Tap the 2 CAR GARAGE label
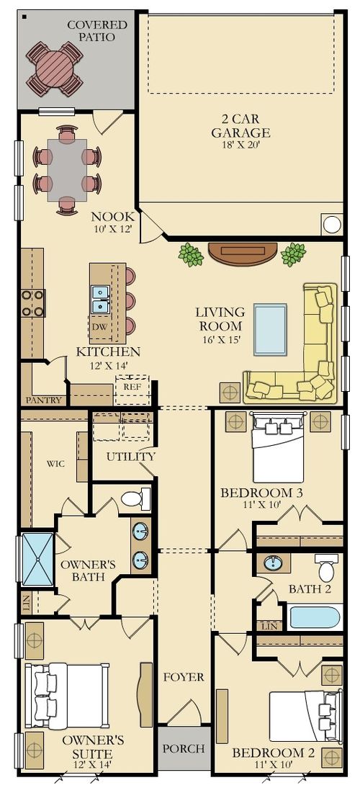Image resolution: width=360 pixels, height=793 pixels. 240,126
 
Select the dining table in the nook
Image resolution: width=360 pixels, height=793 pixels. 67,169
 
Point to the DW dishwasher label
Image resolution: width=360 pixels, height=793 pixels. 99,327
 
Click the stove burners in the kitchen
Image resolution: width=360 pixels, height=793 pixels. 33,303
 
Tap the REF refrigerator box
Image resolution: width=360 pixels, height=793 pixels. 132,387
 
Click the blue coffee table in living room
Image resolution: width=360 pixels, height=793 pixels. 270,330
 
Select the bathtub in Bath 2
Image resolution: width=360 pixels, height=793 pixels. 313,618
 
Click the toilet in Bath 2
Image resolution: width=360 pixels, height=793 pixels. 326,568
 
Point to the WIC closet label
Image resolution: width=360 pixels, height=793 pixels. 55,463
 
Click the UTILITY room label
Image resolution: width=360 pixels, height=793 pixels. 130,457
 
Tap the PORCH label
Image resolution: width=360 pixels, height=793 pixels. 183,749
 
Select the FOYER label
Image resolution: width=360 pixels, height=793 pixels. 183,677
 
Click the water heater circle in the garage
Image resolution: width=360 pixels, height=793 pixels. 332,224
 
